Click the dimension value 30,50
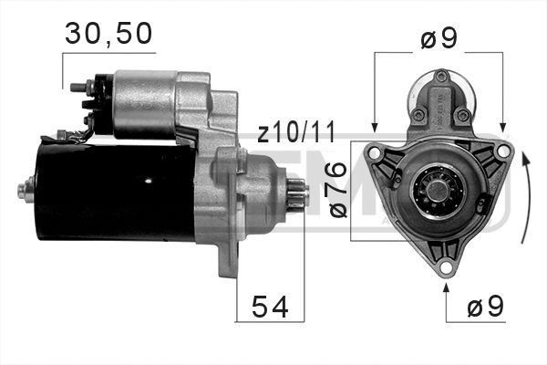(x=108, y=34)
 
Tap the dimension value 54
(x=269, y=308)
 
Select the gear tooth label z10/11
(x=295, y=134)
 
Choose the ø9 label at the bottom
(x=484, y=308)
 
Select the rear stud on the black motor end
(x=22, y=190)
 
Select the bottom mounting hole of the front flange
(x=446, y=267)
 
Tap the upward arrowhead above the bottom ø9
(x=446, y=289)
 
